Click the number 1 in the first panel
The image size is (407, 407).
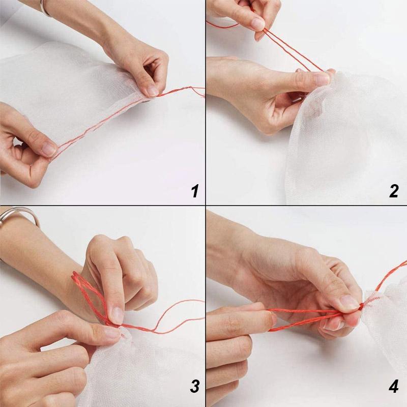pos(194,191)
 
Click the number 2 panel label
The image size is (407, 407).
pos(394,191)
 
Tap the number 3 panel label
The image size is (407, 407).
pos(194,387)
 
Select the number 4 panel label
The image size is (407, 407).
pos(394,387)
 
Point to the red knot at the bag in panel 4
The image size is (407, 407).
pos(362,306)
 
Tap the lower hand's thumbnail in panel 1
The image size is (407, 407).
pos(49,149)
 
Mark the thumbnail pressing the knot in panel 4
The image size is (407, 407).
pos(350,302)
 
